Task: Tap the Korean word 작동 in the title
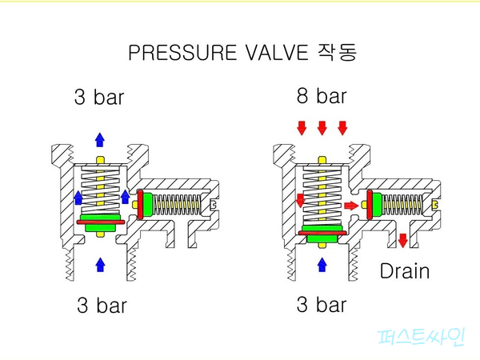click(x=338, y=54)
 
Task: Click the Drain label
click(x=404, y=270)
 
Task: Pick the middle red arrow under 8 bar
click(x=322, y=128)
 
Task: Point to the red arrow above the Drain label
click(x=402, y=240)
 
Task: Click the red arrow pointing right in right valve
click(x=350, y=206)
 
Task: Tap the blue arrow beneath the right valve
click(x=322, y=263)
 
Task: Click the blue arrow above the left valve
click(x=100, y=139)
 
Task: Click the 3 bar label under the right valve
click(x=321, y=305)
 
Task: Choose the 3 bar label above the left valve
click(x=100, y=98)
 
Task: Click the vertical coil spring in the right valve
click(x=322, y=196)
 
